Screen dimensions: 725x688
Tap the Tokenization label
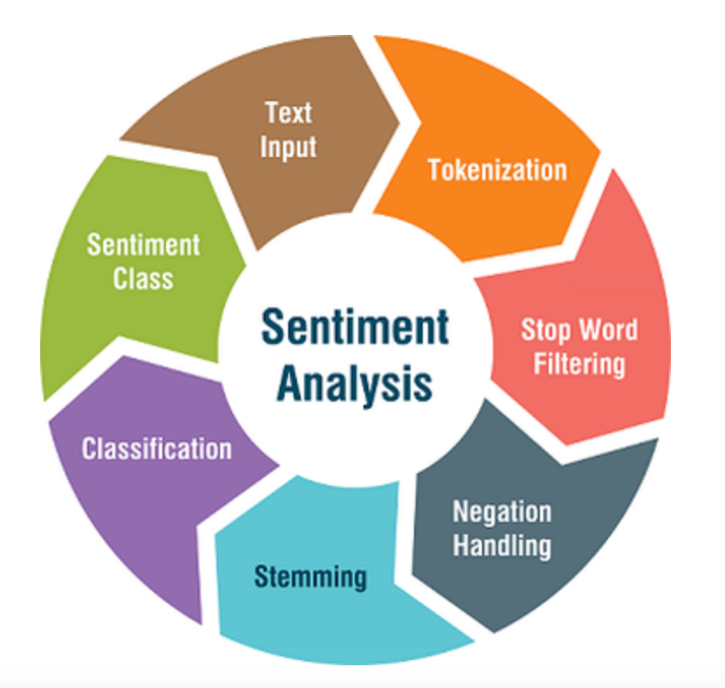tap(497, 169)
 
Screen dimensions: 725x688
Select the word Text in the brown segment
tap(288, 113)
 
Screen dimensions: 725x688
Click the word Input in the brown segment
tap(288, 147)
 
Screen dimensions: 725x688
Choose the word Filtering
tap(580, 362)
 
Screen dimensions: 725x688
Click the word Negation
tap(501, 512)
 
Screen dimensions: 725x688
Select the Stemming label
tap(310, 576)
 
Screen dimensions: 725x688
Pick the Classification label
tap(157, 449)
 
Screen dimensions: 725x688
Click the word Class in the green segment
tap(142, 279)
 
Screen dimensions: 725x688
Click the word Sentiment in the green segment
tap(143, 244)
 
